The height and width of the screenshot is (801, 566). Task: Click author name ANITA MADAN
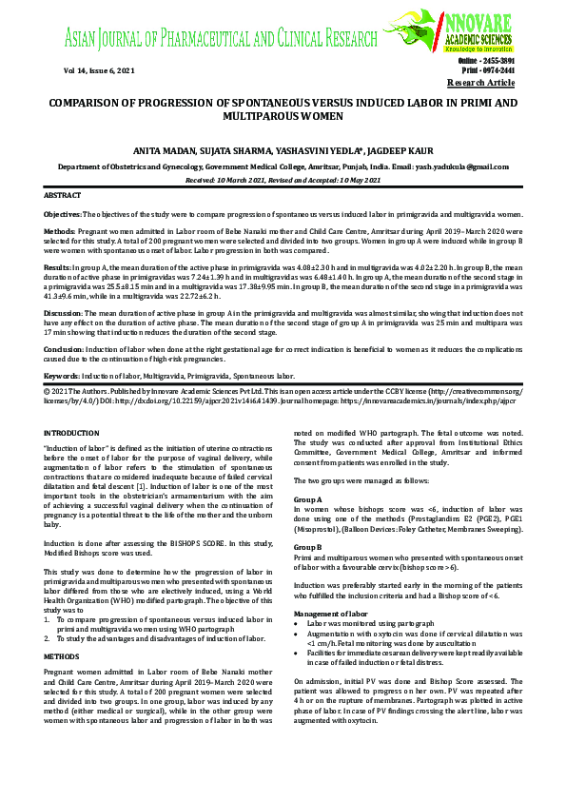click(165, 150)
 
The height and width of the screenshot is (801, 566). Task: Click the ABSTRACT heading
click(63, 195)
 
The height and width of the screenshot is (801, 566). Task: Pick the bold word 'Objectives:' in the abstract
click(63, 216)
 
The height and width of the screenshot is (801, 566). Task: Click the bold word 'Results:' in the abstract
click(58, 269)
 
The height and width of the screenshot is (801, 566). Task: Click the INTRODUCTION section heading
click(72, 433)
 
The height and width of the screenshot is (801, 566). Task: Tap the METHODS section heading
click(62, 656)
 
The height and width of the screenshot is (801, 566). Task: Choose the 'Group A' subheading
click(308, 498)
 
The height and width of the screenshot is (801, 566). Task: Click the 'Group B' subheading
click(308, 548)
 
